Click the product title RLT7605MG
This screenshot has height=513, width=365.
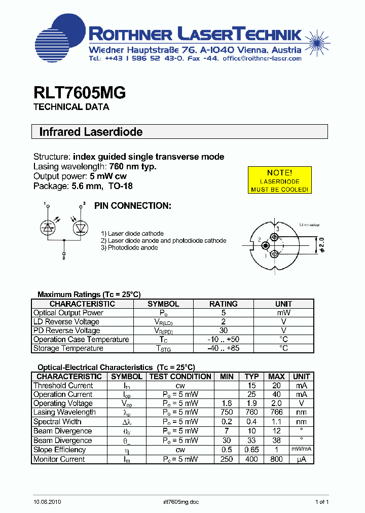[80, 93]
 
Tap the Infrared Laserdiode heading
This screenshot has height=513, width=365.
[91, 132]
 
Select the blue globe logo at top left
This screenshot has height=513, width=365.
[60, 35]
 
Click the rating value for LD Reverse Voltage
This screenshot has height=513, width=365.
[224, 321]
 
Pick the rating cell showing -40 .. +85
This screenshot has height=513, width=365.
[224, 348]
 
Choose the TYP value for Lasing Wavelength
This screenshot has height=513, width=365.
[252, 413]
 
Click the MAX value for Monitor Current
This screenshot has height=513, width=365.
[276, 459]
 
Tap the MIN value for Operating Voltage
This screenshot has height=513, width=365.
[227, 404]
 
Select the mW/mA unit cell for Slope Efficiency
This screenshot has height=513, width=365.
[301, 450]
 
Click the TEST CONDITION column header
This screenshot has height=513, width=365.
[180, 377]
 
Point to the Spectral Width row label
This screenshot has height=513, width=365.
[57, 422]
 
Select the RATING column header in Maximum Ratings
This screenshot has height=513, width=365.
[224, 304]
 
